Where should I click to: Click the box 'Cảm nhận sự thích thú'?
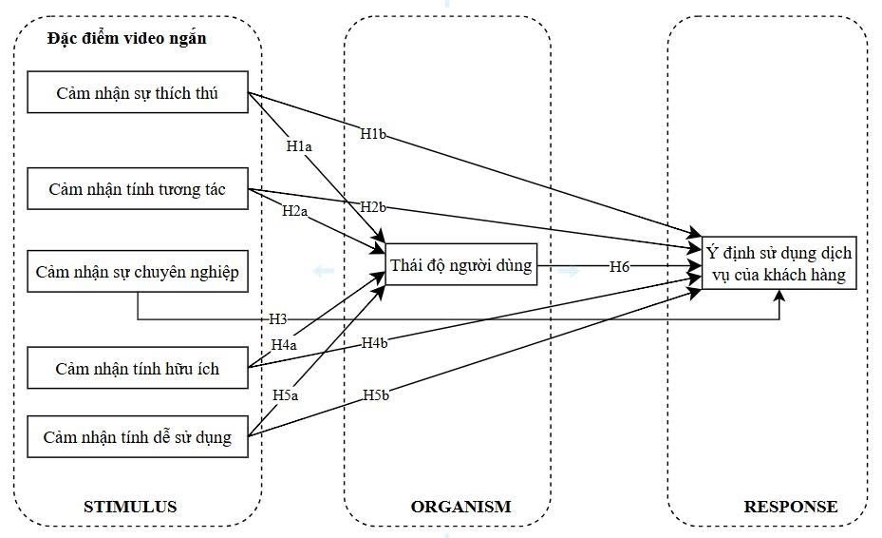point(138,93)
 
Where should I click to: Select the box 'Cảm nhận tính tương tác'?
point(138,189)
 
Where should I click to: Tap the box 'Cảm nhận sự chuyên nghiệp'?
point(138,273)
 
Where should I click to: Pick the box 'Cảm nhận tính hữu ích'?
point(138,368)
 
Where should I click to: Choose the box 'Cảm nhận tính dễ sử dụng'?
point(138,439)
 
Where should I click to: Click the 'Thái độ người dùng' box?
point(461,265)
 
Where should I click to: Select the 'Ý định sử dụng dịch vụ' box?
point(779,263)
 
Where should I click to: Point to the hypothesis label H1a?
point(300,147)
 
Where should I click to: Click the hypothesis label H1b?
point(373,134)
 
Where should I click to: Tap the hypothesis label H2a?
point(294,211)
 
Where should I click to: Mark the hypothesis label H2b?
point(373,207)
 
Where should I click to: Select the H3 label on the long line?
point(278,319)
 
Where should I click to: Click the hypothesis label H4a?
point(284,344)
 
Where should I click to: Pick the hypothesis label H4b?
point(374,342)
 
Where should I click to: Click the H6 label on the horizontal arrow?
point(620,267)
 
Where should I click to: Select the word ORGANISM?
point(460,507)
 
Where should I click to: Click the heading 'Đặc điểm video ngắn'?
point(126,39)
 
